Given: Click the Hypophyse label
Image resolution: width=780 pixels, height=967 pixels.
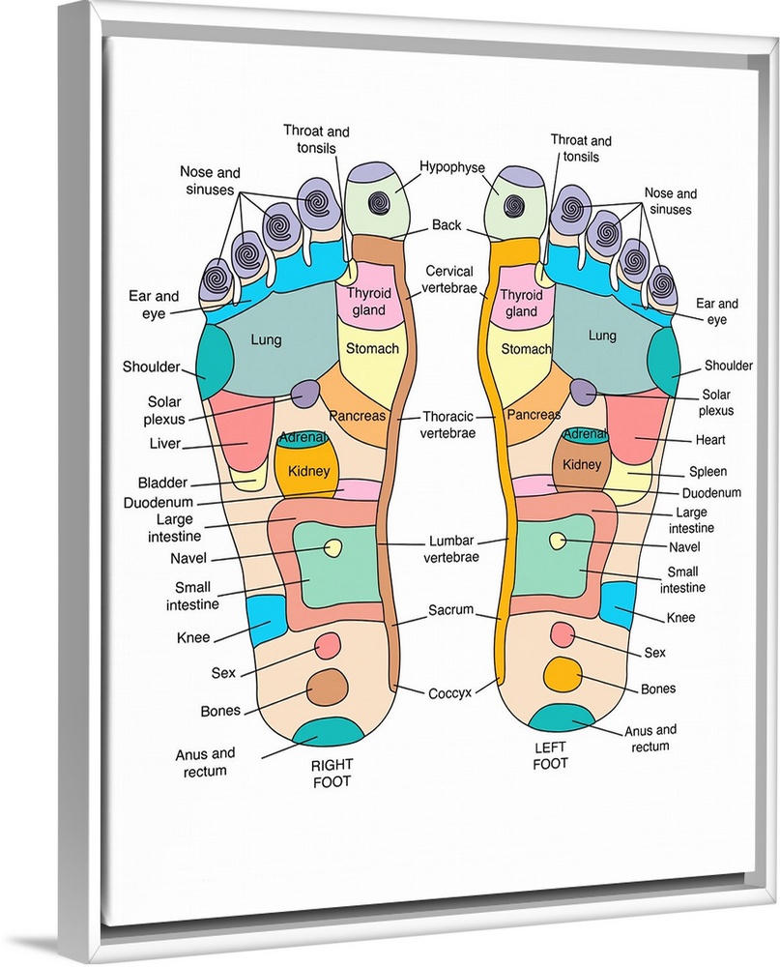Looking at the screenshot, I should tap(450, 166).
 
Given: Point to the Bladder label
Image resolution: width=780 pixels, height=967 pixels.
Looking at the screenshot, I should tap(162, 483).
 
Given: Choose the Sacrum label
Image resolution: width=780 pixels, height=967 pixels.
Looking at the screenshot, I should tap(451, 610).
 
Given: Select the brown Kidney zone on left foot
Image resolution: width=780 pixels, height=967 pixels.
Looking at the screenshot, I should tap(580, 465).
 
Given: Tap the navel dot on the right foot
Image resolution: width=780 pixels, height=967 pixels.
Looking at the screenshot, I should tap(333, 548).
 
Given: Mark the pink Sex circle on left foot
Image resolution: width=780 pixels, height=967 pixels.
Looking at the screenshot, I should tap(562, 633).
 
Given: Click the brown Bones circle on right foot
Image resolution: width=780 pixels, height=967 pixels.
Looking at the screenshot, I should tap(328, 687).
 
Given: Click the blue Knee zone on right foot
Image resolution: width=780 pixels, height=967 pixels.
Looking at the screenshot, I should tap(267, 619).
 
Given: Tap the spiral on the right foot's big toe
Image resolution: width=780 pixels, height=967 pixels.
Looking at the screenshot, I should tap(378, 203).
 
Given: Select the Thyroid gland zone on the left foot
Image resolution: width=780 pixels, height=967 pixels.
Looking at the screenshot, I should tap(520, 304).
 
